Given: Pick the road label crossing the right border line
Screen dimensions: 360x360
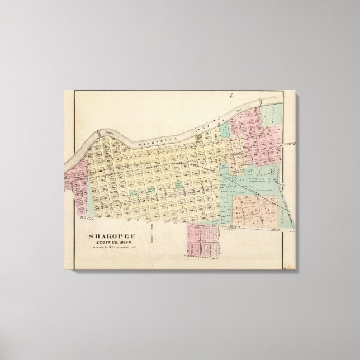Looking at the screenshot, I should (x=289, y=144).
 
